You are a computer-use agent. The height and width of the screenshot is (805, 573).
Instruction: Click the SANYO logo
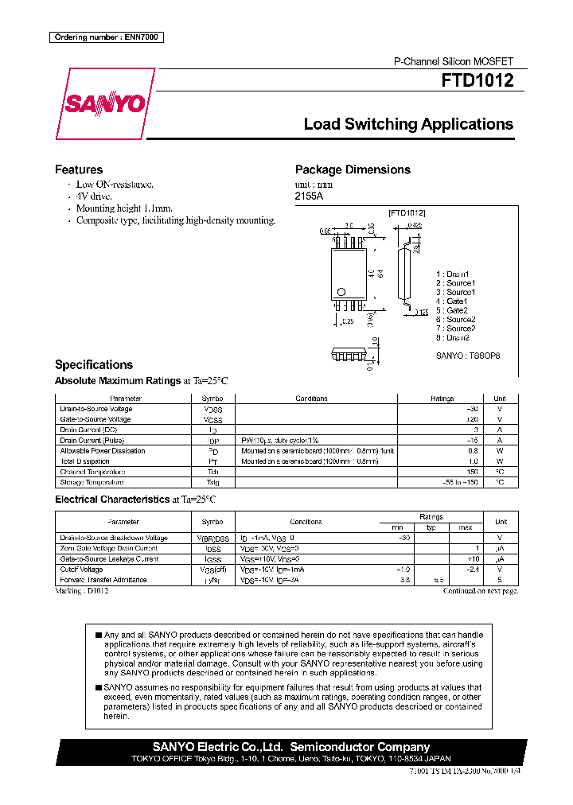tap(105, 104)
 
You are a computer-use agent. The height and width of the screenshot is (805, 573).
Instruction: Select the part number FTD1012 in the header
tap(477, 80)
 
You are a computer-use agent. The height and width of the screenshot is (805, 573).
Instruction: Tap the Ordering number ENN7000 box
tap(107, 37)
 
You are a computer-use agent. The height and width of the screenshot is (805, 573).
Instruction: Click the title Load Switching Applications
tap(408, 124)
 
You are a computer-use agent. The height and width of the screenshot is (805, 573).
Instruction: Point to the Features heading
tap(78, 169)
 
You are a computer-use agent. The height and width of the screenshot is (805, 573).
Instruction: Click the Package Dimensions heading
tap(353, 169)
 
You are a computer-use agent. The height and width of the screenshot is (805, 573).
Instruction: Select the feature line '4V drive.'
tap(94, 196)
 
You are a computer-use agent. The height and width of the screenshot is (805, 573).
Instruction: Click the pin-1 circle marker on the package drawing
tap(341, 291)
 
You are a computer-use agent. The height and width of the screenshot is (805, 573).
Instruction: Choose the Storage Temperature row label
tap(92, 482)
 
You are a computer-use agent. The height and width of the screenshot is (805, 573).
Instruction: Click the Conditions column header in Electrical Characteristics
tap(306, 522)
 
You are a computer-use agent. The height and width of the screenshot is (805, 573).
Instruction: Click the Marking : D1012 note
tap(82, 591)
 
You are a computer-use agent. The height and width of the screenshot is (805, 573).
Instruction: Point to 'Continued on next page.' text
tap(480, 591)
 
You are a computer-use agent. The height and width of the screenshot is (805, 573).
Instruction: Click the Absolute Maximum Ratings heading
tap(118, 381)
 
